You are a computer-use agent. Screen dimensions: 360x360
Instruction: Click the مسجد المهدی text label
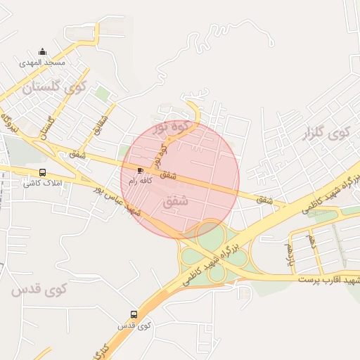[43, 63]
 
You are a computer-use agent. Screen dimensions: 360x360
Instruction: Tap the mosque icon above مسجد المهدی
[43, 52]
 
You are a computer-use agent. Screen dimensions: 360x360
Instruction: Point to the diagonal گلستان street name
[49, 127]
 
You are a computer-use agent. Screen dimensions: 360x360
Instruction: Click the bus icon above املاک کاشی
[43, 173]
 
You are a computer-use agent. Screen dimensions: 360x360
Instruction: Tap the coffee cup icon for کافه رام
[141, 171]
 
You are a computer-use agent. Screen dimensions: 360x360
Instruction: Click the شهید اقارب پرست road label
[328, 281]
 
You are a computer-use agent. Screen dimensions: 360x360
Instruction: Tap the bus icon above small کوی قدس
[134, 314]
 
